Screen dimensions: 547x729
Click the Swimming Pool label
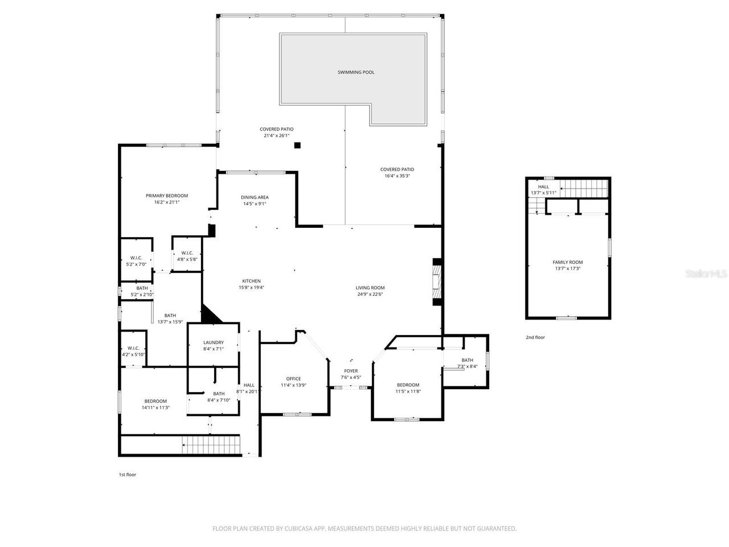(356, 72)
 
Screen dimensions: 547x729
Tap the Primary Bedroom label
(166, 196)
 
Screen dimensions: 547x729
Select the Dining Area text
(255, 198)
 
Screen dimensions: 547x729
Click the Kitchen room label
(251, 281)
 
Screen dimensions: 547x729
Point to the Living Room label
(370, 288)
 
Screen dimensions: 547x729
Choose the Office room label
(293, 379)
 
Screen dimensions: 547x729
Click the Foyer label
(351, 371)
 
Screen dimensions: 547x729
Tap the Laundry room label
(213, 342)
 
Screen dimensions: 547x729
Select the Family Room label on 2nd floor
(567, 262)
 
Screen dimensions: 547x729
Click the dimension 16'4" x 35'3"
(397, 176)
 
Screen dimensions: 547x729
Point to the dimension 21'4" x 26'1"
(277, 136)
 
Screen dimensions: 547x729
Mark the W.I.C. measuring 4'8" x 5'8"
(187, 256)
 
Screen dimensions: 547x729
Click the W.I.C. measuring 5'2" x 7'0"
(136, 261)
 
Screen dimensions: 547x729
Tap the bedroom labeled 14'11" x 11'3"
(155, 404)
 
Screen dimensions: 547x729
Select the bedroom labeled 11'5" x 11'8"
(408, 388)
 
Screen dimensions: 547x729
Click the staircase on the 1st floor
(211, 444)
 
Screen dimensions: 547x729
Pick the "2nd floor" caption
(535, 337)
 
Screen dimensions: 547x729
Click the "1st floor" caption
(127, 475)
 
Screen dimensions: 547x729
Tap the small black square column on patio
(297, 145)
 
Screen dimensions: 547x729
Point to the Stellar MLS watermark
(706, 274)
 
